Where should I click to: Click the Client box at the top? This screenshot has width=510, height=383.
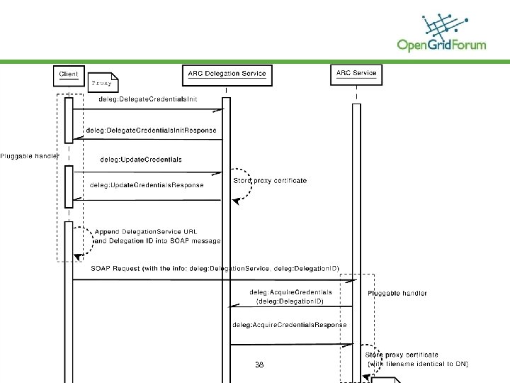click(69, 74)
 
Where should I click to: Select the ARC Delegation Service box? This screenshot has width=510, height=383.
click(227, 74)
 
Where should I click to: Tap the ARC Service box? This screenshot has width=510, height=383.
click(356, 74)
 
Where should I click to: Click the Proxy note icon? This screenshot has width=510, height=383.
click(103, 82)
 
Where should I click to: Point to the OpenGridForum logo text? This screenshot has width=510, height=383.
click(441, 45)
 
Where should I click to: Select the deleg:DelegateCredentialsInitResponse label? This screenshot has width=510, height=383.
click(151, 131)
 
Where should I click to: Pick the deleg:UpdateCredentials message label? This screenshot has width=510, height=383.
click(141, 160)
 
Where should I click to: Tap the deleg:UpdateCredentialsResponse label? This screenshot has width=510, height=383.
click(147, 185)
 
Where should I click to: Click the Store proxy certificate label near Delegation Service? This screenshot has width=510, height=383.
click(270, 181)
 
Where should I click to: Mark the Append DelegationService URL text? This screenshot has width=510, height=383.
click(146, 232)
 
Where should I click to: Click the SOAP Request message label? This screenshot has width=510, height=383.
click(215, 268)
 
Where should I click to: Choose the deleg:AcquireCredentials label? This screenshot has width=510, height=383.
click(290, 292)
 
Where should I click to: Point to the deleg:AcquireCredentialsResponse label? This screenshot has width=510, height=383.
click(290, 325)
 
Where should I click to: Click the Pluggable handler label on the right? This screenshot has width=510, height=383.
click(397, 293)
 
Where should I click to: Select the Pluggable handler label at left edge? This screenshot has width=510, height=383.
click(29, 155)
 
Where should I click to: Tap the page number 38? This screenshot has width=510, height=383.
click(259, 365)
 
